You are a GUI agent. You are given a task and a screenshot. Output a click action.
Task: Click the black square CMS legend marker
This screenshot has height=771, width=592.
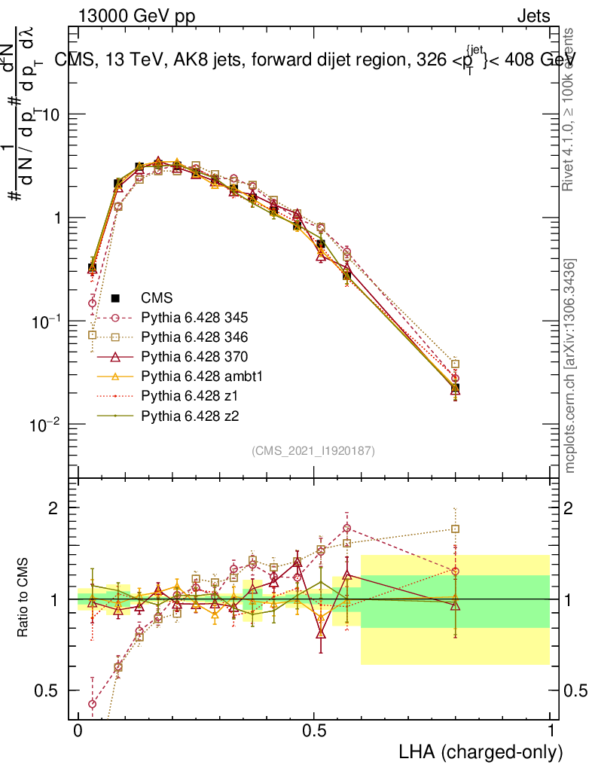point(115,297)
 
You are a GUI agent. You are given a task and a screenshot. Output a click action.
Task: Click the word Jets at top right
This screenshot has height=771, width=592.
point(532,16)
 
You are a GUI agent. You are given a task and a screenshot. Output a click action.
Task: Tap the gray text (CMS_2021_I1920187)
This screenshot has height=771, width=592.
point(313,450)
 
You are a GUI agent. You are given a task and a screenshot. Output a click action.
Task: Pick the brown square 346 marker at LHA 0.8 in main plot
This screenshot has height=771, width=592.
point(455,364)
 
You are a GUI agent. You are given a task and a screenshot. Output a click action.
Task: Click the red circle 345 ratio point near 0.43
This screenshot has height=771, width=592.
point(93,704)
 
